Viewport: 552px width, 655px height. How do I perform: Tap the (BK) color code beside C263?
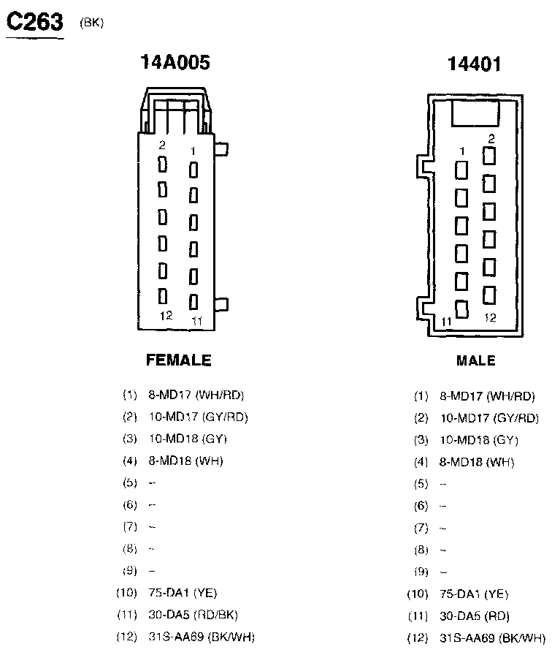[93, 23]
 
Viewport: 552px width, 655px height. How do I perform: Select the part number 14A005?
[175, 63]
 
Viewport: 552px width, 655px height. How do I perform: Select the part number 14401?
[475, 64]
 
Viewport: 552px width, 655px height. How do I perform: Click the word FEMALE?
[179, 360]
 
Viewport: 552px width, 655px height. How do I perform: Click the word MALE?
[475, 360]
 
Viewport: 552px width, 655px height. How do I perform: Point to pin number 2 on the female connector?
[162, 145]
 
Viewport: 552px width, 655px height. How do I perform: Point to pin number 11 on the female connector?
[196, 320]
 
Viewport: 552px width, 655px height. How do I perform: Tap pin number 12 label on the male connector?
[490, 318]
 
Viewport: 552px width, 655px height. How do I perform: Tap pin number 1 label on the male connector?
[461, 151]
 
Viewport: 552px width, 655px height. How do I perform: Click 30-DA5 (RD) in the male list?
[474, 616]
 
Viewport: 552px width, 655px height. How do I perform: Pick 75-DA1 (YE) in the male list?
[474, 594]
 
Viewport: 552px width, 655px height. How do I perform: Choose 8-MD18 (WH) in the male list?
[476, 462]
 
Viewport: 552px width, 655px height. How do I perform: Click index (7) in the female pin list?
[130, 526]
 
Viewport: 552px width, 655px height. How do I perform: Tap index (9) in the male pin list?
[421, 572]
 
